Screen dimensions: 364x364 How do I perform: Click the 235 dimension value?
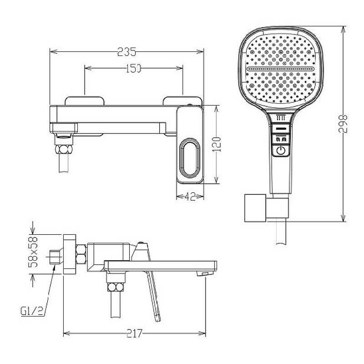126,52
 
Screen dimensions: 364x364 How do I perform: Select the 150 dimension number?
133,68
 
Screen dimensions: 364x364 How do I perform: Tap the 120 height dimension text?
217,144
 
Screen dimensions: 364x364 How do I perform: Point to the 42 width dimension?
190,197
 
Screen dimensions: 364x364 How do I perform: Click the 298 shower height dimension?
343,123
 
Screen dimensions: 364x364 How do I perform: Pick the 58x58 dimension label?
33,252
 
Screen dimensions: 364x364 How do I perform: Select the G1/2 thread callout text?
32,312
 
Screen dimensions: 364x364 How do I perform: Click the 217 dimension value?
134,334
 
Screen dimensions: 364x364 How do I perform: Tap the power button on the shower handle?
281,151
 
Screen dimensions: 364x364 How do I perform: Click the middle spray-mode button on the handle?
281,139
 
